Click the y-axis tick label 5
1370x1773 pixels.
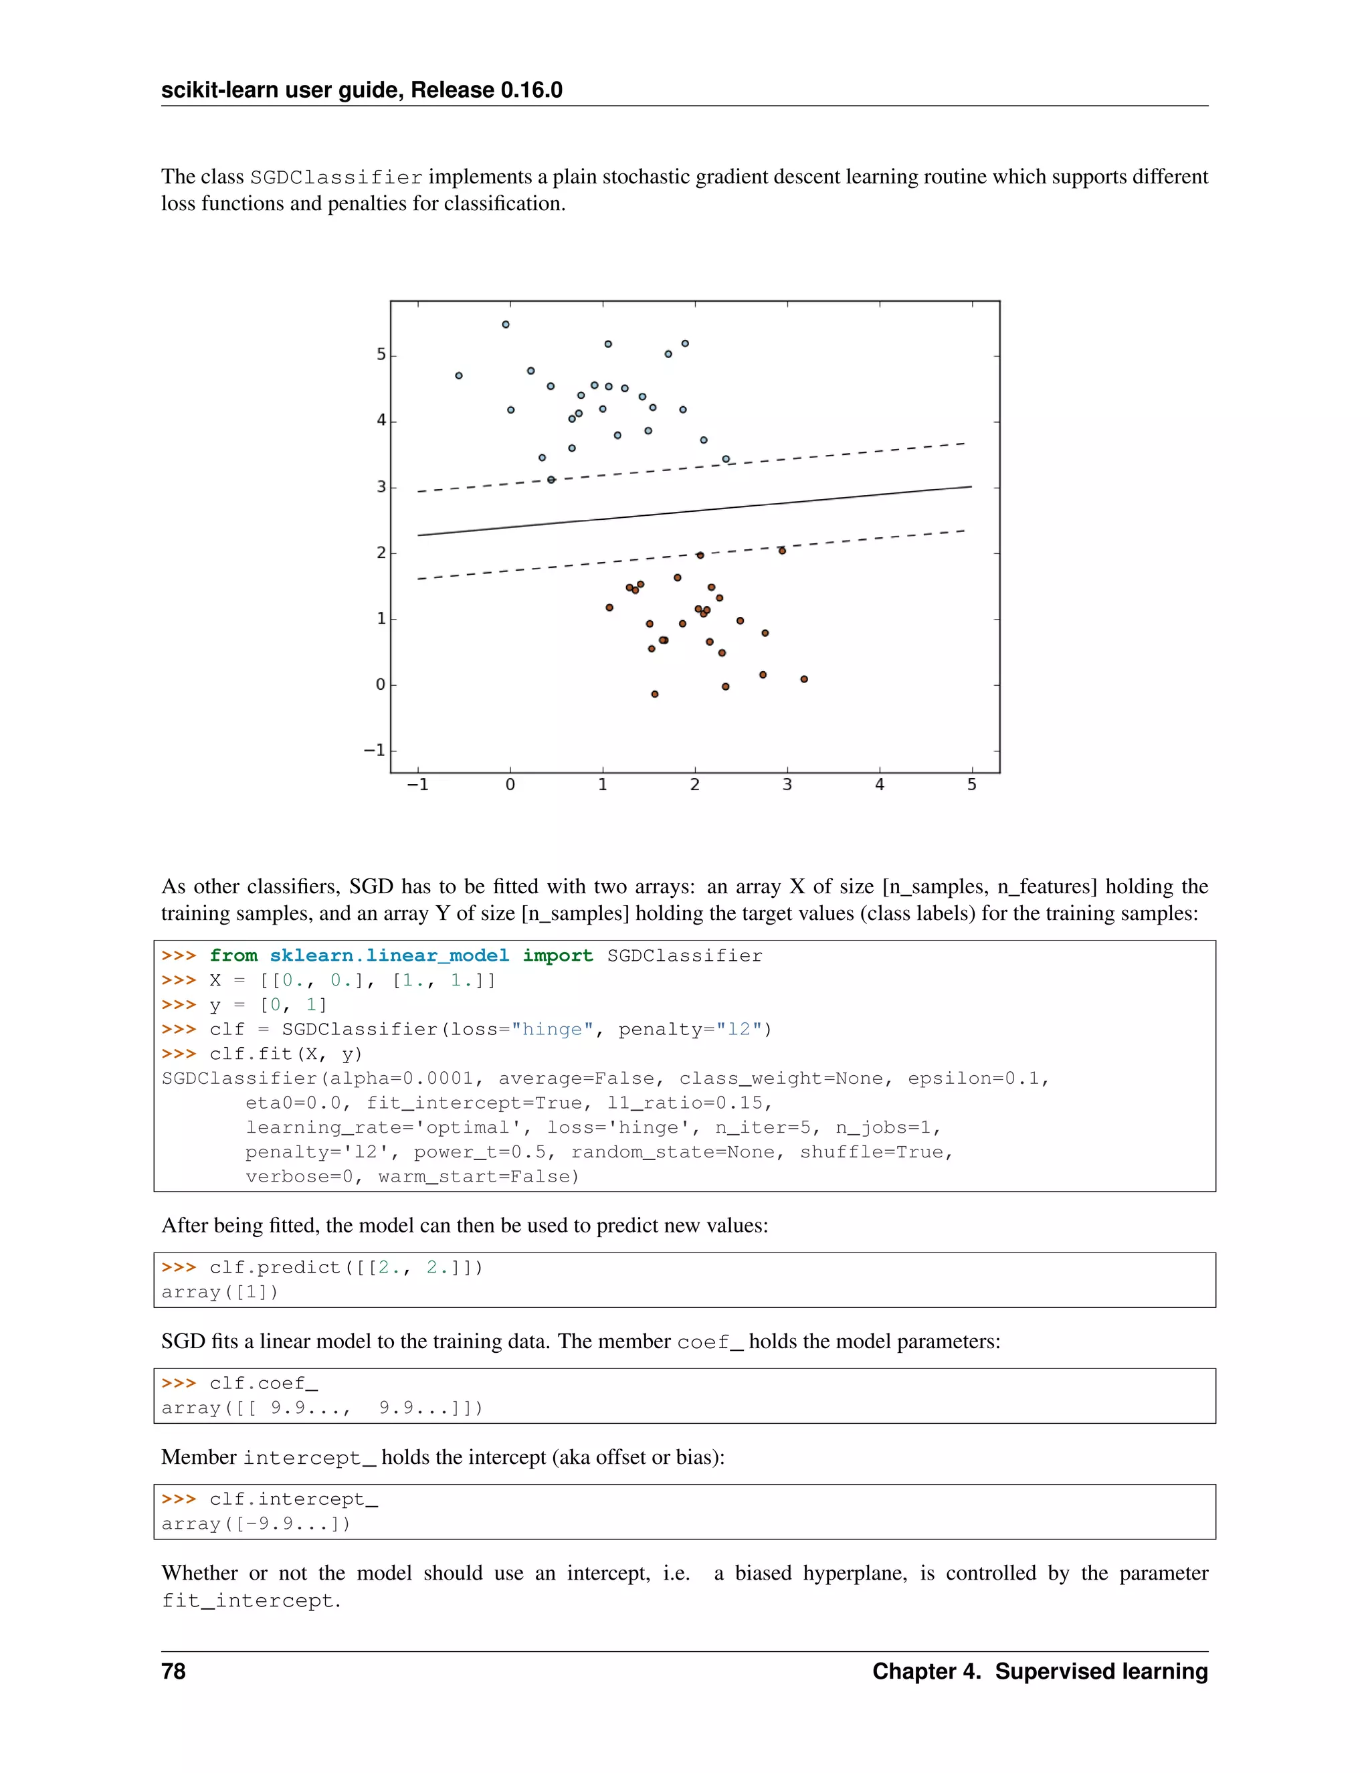[x=381, y=355]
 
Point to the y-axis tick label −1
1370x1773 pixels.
[x=374, y=750]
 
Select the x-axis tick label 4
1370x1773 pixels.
[x=879, y=785]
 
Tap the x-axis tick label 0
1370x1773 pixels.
[x=510, y=785]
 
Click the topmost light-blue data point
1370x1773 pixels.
[x=506, y=324]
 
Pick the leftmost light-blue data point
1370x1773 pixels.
[x=458, y=376]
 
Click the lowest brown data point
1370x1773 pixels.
[x=655, y=694]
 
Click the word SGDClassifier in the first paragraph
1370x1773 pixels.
[x=336, y=178]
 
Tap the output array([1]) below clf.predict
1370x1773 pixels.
[x=220, y=1293]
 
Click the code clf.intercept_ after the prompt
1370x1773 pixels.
[x=293, y=1499]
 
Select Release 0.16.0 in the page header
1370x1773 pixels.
[x=486, y=90]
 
